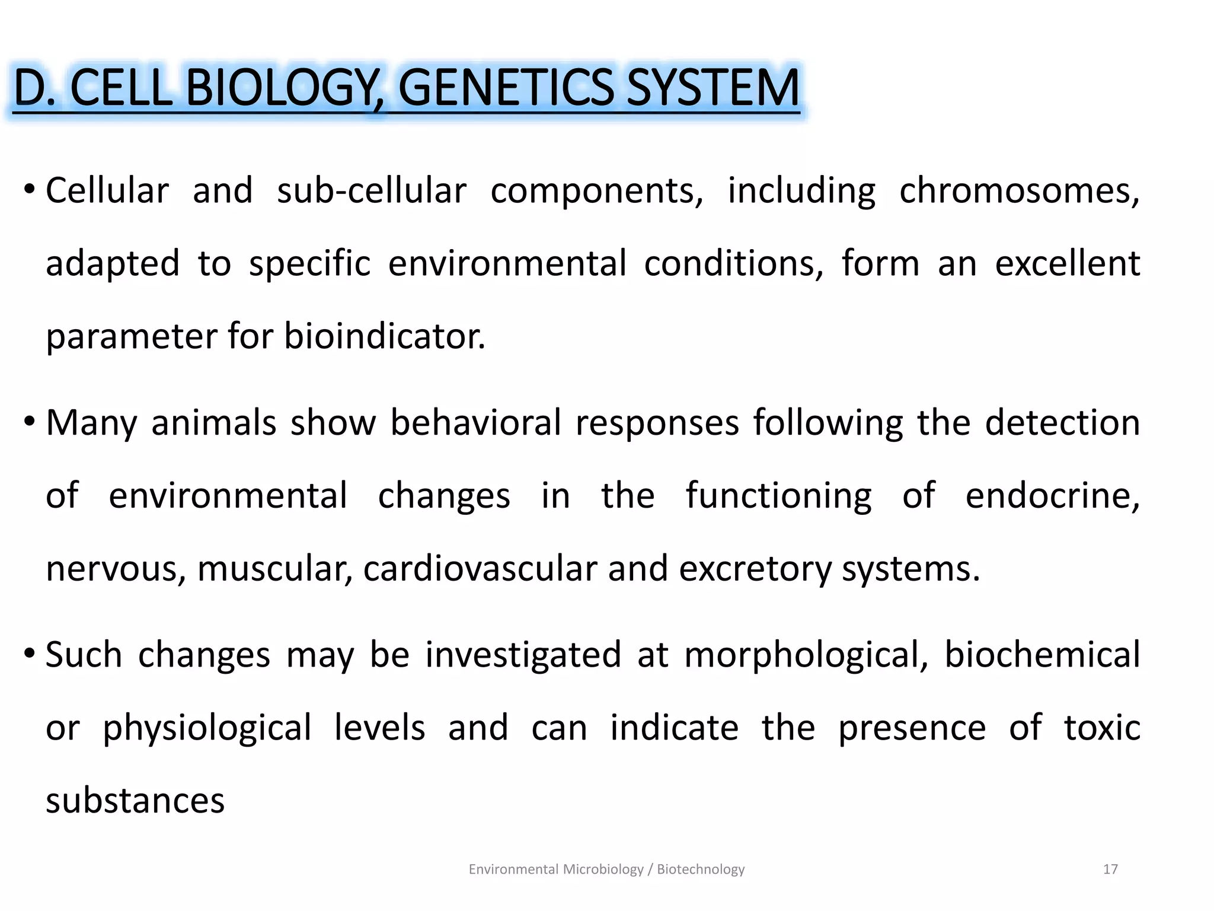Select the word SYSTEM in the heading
[713, 88]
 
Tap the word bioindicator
[384, 336]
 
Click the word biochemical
[1042, 655]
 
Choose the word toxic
[1101, 728]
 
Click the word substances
[135, 801]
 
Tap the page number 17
[1110, 869]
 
